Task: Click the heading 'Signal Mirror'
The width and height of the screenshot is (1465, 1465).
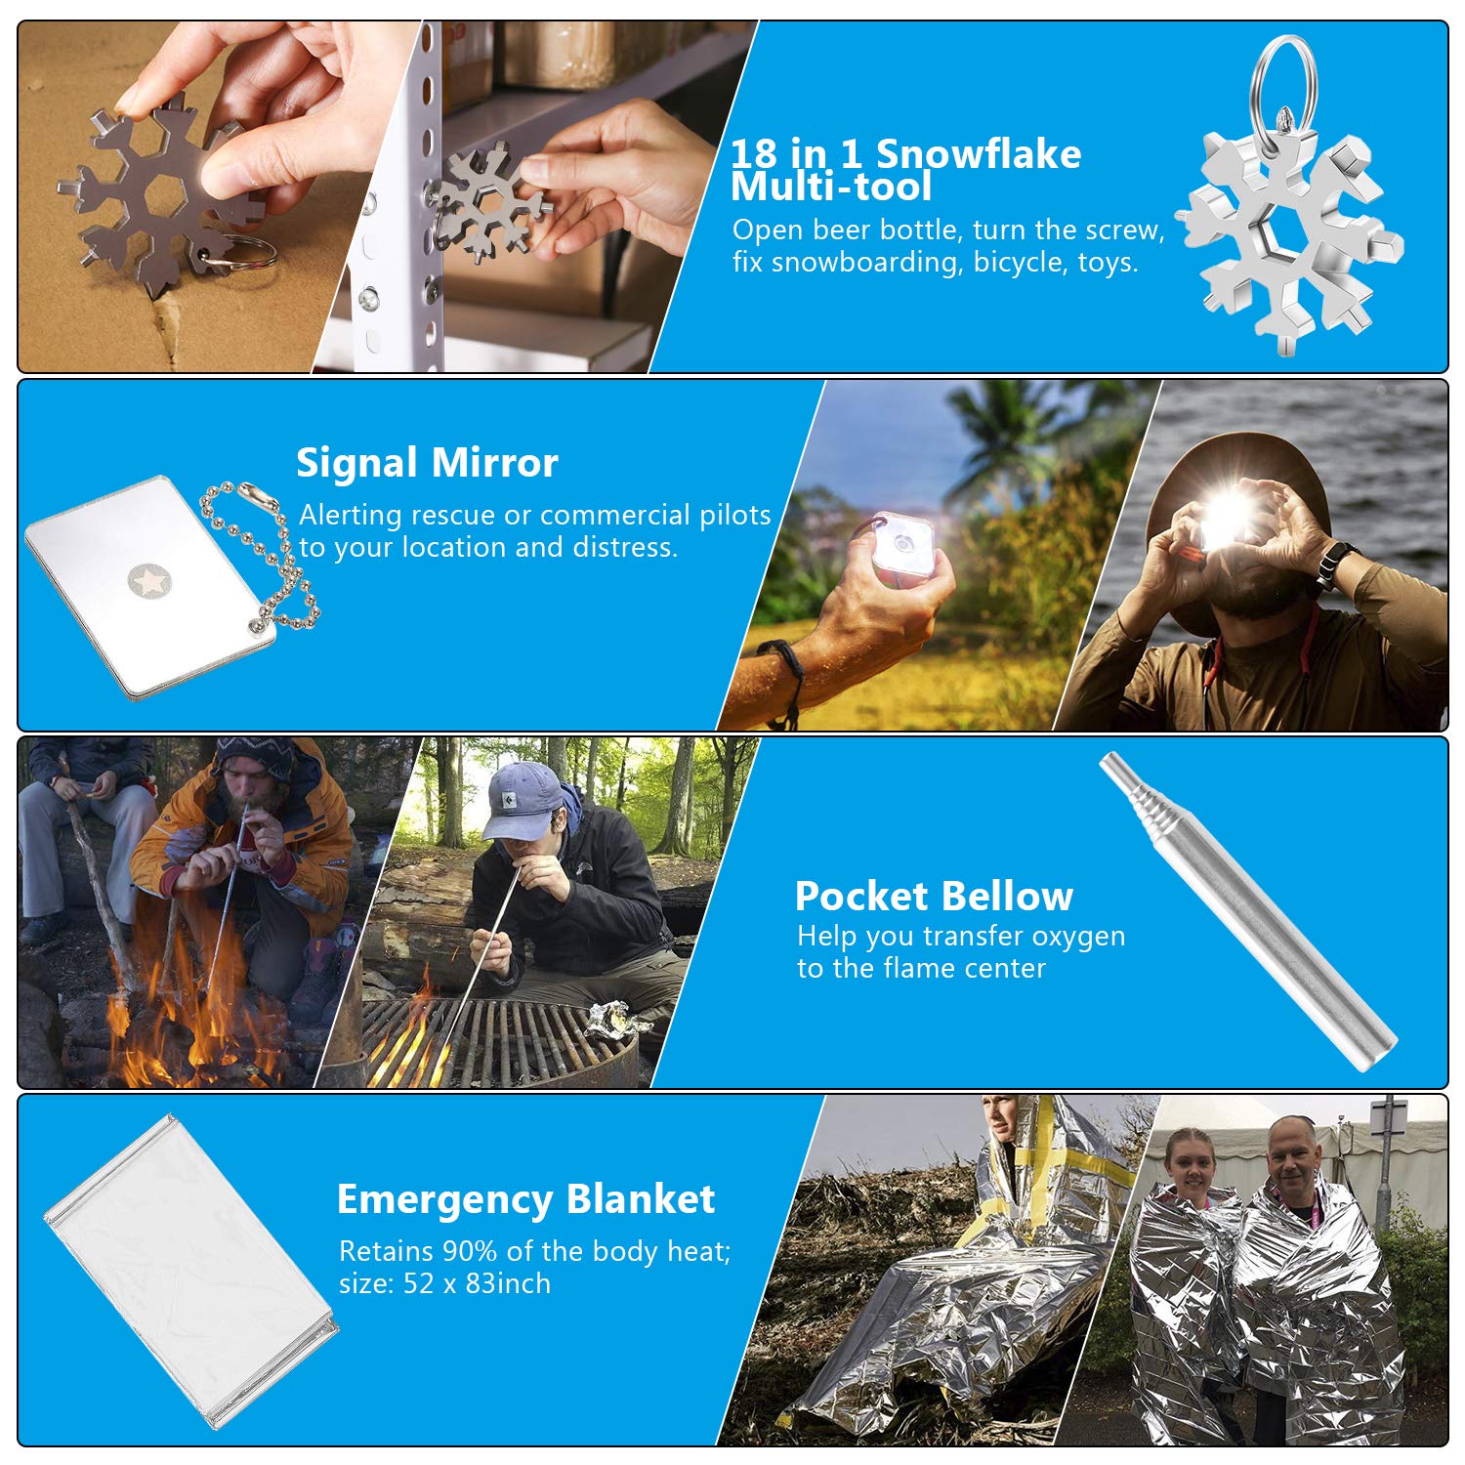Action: (427, 463)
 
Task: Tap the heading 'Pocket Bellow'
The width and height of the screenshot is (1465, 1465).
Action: (934, 896)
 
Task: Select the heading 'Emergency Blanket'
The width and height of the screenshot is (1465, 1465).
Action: (525, 1199)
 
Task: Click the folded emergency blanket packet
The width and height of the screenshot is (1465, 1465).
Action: (191, 1270)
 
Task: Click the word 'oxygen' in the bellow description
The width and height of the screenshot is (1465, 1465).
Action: (1078, 938)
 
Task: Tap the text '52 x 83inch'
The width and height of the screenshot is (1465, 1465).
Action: (477, 1283)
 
